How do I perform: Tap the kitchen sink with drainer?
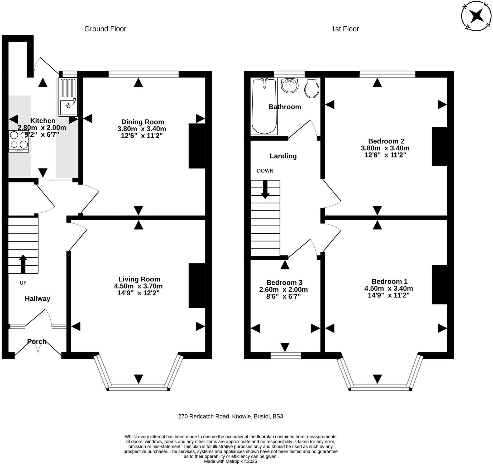point(68,97)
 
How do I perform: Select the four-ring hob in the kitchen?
point(19,141)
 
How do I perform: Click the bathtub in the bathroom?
point(264,106)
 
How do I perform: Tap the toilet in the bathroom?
point(312,88)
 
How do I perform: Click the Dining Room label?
point(142,122)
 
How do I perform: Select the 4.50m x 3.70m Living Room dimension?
point(138,286)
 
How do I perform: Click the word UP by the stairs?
point(23,283)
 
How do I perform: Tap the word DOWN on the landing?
point(265,171)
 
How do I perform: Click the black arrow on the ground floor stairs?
point(23,264)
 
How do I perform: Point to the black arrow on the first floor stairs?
point(265,189)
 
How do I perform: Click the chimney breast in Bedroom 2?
point(439,146)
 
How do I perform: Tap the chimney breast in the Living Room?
point(197,286)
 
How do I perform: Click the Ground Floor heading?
point(105,29)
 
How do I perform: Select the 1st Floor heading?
point(345,29)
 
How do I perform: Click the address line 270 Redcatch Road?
point(231,416)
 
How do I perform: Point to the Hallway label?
point(37,299)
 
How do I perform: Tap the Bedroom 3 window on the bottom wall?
point(286,356)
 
